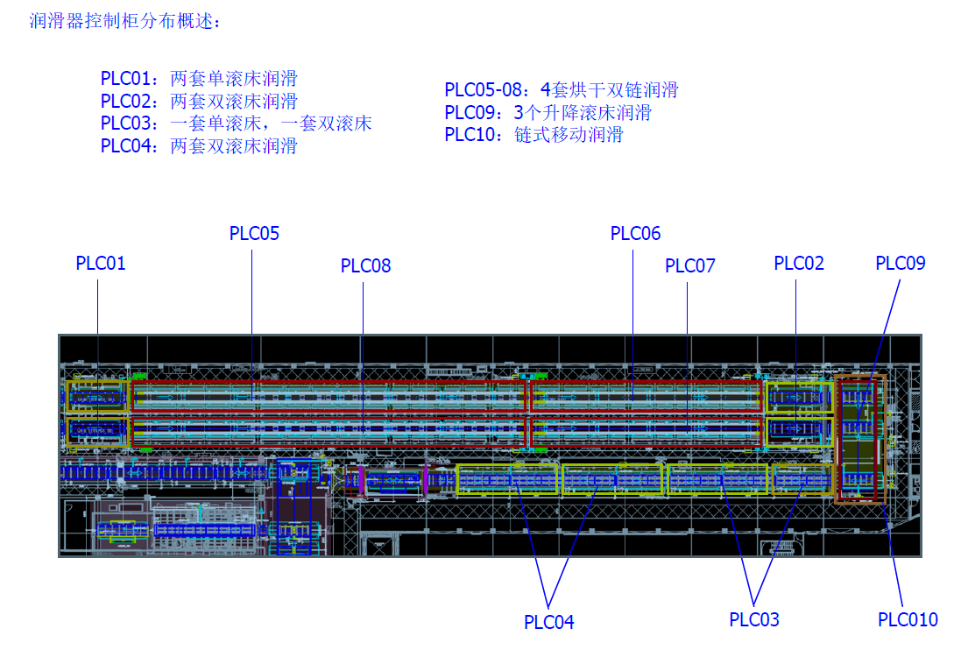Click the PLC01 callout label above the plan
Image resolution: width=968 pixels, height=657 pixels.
[101, 263]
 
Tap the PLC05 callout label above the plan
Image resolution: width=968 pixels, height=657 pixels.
[254, 234]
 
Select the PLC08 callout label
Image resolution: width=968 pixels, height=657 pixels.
[365, 265]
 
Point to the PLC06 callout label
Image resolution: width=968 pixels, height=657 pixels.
[635, 234]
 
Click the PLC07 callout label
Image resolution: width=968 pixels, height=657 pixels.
[690, 266]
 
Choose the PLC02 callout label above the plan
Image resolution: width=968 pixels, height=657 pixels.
[799, 263]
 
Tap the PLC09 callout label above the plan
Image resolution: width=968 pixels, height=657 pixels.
[901, 263]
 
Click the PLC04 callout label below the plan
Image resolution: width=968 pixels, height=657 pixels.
[549, 622]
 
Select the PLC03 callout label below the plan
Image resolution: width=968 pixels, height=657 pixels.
[754, 620]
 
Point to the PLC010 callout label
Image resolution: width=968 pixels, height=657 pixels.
[908, 620]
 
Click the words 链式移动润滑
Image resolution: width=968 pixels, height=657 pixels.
[569, 135]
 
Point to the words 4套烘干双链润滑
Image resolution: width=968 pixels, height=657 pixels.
[610, 90]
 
